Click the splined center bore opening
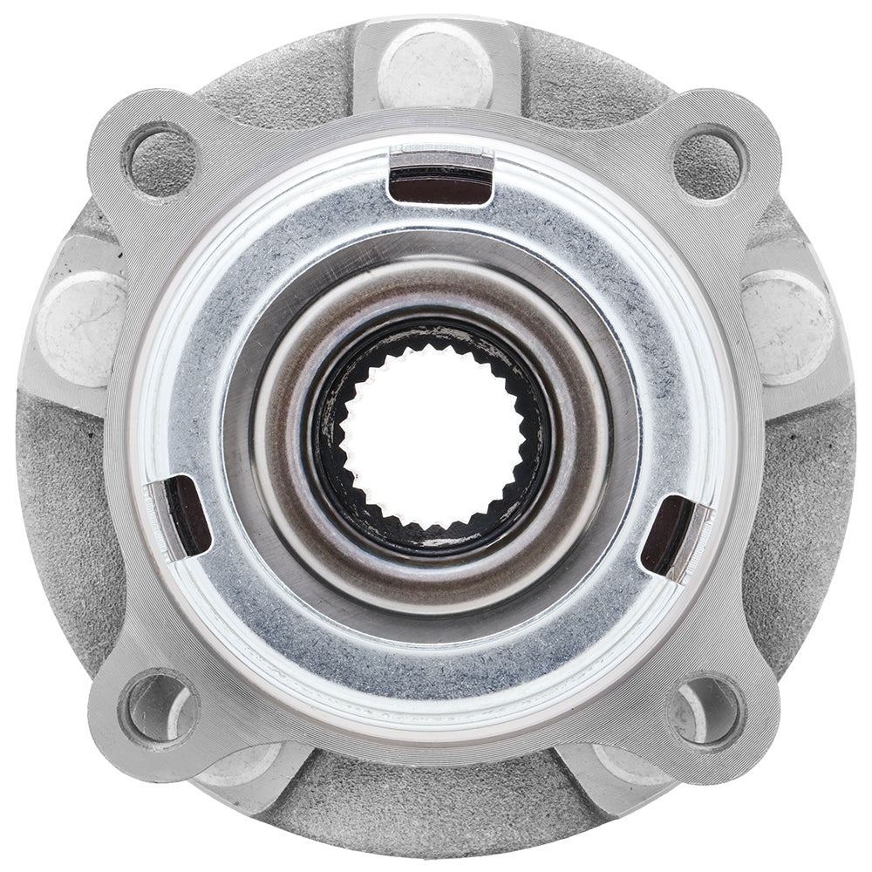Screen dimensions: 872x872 pos(433,434)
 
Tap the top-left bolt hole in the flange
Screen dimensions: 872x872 pos(161,160)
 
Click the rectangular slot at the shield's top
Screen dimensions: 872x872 pos(440,184)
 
